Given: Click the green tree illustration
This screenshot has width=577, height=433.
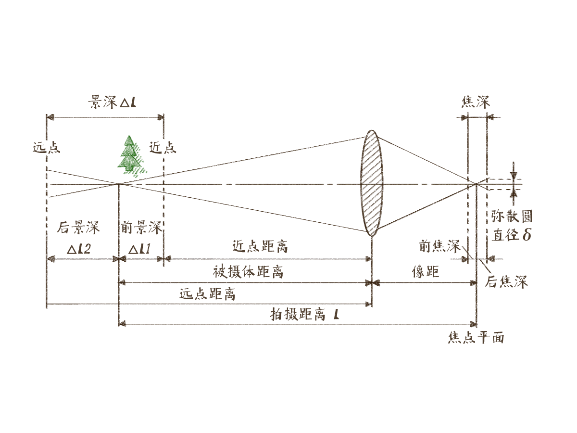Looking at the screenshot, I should click(131, 155).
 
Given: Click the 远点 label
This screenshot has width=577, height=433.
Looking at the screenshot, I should click(47, 147).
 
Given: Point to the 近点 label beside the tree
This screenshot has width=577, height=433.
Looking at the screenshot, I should click(163, 147).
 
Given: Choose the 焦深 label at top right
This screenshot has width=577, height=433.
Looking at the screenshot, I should click(476, 102).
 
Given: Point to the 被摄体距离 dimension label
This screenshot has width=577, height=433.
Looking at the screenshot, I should click(248, 272).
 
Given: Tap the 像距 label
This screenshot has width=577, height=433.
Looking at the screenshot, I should click(426, 272).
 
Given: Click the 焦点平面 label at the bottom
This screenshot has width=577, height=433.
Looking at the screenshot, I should click(476, 338).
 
